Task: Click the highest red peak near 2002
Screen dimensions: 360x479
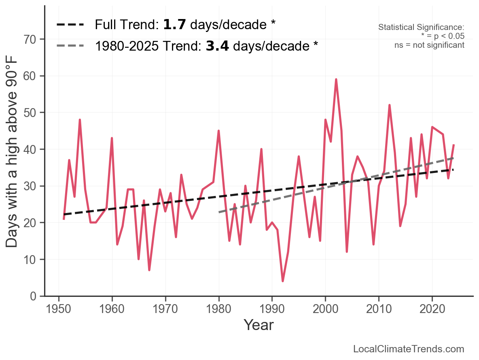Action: coord(336,79)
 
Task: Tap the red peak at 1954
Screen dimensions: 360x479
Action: coord(80,120)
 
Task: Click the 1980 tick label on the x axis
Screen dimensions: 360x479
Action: coord(219,310)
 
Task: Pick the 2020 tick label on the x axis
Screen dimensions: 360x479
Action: coord(432,310)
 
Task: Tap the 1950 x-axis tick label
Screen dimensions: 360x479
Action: coord(59,310)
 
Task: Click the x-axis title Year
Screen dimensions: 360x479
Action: coord(259,325)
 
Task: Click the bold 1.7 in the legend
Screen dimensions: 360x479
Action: coord(175,25)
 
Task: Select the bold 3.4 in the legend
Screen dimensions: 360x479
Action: coord(217,46)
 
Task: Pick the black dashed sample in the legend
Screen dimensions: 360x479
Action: coord(71,25)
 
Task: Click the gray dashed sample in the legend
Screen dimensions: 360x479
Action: coord(71,46)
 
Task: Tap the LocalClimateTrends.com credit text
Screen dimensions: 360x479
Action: coord(409,349)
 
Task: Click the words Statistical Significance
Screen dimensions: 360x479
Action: coord(421,28)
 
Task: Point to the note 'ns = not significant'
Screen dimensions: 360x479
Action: coord(429,45)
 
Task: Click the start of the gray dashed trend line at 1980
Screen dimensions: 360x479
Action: coord(219,212)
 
